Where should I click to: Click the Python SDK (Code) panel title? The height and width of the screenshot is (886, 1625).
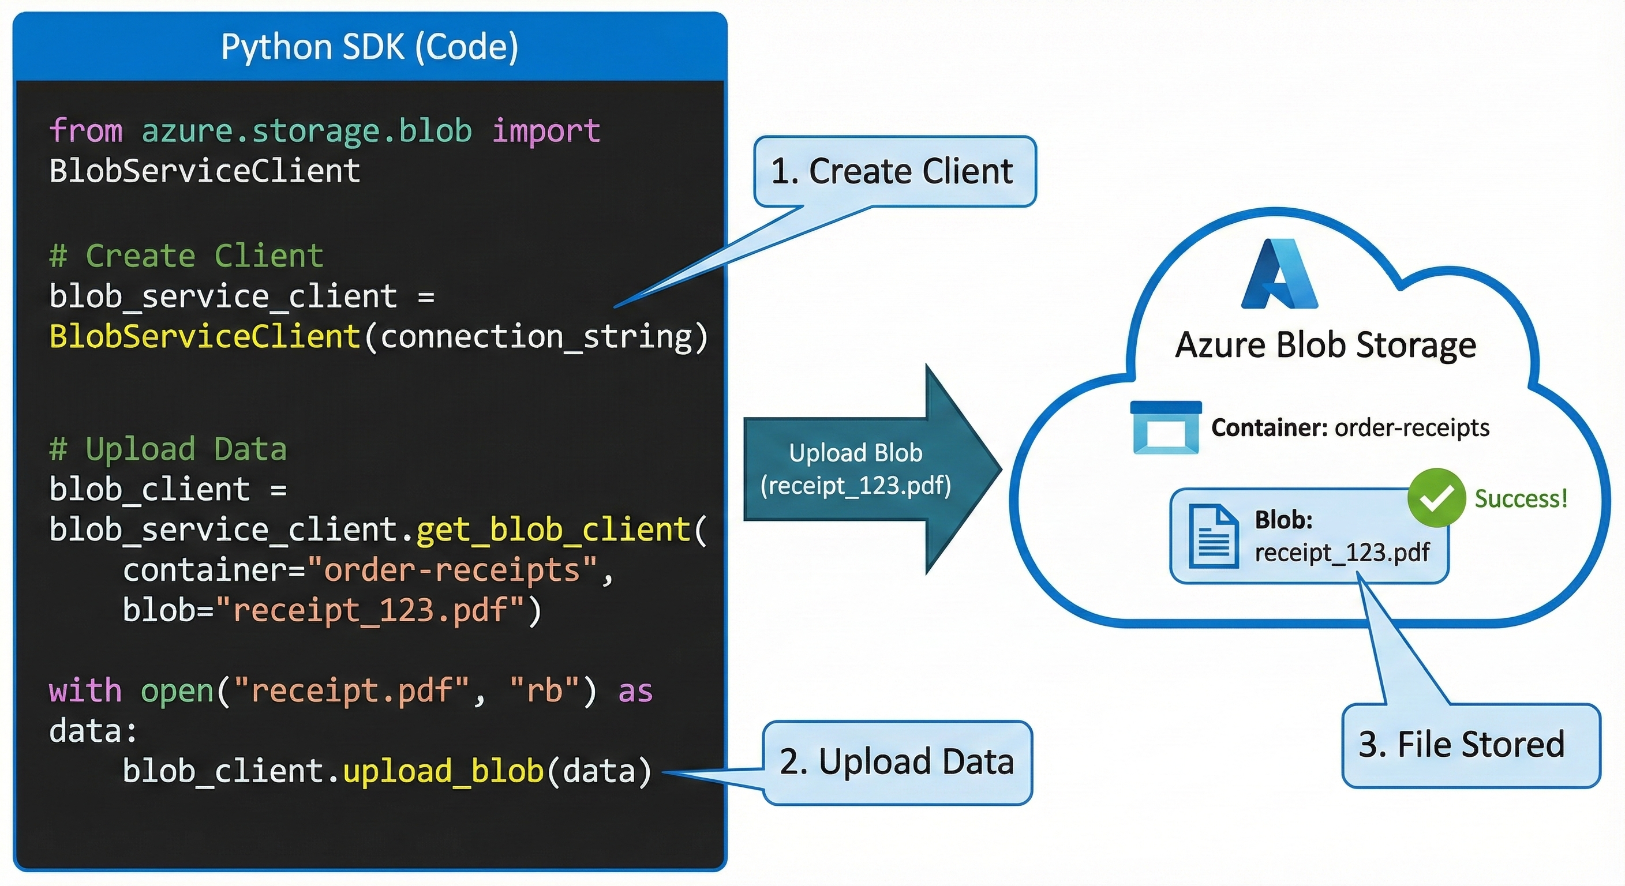370,47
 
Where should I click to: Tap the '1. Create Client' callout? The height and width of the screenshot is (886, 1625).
893,171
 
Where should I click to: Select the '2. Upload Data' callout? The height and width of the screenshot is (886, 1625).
896,762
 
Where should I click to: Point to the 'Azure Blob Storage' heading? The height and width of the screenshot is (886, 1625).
1326,345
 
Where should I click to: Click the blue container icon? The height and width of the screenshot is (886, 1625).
1166,427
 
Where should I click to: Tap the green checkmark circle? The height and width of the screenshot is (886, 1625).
1436,498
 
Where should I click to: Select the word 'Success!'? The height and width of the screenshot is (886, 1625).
1521,499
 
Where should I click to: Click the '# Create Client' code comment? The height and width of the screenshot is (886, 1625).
186,256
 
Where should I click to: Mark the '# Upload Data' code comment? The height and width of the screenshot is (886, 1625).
168,449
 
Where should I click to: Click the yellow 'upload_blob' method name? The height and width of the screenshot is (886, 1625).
443,771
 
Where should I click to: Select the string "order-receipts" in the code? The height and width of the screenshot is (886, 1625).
452,570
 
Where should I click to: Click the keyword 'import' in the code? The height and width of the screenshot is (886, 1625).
546,131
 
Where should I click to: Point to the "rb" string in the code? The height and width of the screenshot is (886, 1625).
544,691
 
